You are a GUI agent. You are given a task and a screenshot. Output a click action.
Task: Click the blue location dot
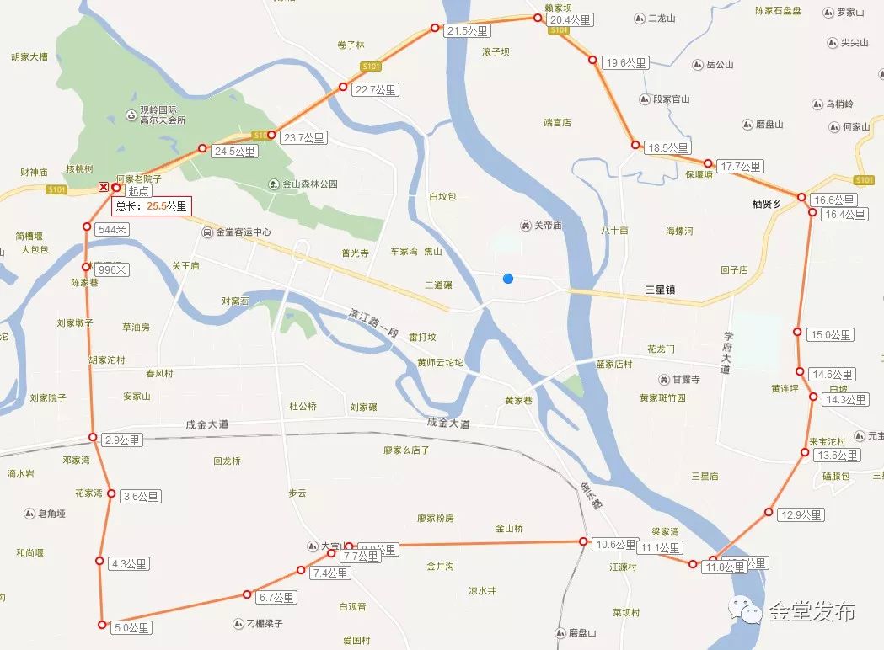[507, 279]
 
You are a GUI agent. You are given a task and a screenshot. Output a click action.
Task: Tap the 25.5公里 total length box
[153, 205]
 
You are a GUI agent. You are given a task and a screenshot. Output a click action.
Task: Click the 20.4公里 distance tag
[571, 20]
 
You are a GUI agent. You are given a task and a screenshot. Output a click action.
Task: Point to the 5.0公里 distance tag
[134, 627]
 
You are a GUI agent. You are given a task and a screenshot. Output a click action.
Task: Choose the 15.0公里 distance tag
[831, 335]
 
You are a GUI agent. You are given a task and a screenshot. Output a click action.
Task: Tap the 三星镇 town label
[662, 290]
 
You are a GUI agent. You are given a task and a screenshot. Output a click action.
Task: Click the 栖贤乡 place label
[767, 204]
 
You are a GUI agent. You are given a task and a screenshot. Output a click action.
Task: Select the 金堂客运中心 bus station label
[244, 232]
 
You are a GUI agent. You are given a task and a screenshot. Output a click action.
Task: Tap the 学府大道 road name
[726, 353]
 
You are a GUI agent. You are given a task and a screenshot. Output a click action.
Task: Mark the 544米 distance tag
[112, 229]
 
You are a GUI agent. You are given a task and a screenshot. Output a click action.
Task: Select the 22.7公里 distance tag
[376, 90]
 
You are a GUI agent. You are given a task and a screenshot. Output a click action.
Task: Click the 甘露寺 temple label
[685, 380]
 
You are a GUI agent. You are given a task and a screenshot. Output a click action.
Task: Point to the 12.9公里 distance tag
[801, 515]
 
